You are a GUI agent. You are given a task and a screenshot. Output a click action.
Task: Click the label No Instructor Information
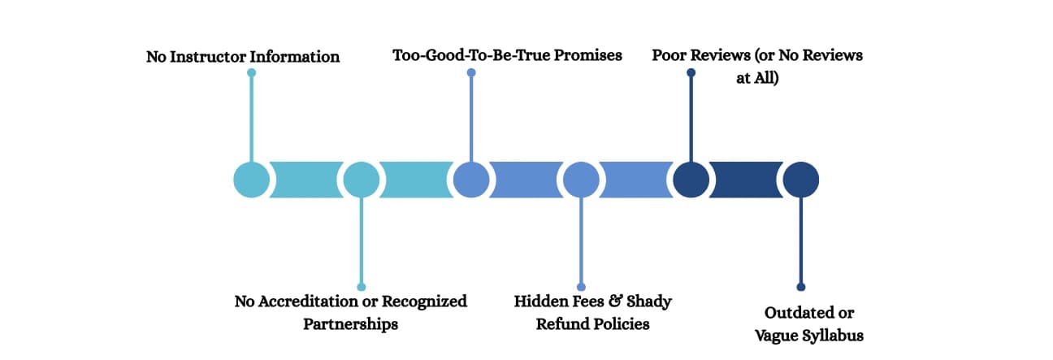243,57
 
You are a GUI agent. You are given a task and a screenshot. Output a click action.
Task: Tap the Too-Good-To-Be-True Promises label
507,55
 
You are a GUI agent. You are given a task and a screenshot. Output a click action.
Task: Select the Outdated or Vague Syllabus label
808,323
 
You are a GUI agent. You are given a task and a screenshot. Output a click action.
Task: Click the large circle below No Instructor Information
252,180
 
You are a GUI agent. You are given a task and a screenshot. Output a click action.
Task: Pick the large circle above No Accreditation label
361,180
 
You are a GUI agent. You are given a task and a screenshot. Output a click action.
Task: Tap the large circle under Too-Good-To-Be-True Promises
471,180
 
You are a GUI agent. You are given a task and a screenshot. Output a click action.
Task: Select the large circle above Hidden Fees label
581,180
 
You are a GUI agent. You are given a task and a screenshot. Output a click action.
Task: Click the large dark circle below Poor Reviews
691,180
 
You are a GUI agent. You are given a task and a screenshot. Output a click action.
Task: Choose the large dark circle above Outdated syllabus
800,180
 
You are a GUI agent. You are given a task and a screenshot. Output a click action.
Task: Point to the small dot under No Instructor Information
252,72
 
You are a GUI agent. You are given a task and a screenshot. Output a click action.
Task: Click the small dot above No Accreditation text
361,286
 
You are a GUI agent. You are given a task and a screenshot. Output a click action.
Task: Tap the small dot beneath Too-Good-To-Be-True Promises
471,72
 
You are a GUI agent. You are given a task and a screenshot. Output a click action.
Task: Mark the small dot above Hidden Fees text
581,286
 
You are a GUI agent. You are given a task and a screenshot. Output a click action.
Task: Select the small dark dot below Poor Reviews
691,72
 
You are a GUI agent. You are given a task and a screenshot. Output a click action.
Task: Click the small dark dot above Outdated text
800,286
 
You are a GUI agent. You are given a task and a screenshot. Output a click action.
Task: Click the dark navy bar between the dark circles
745,180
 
